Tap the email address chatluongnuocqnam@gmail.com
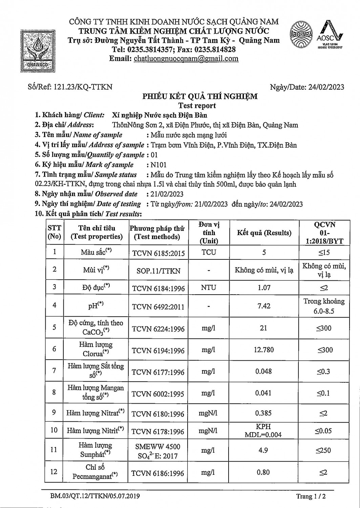point(186,59)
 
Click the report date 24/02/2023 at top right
point(326,87)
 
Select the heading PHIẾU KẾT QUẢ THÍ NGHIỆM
point(200,97)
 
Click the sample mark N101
point(159,165)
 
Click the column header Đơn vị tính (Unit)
point(209,233)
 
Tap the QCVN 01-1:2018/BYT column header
point(324,233)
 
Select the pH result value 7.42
point(264,306)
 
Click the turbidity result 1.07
point(264,288)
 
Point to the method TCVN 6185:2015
point(158,253)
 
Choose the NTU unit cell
point(209,288)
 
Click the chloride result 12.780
point(264,350)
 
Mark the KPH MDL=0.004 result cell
point(263,430)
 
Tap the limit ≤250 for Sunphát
point(324,450)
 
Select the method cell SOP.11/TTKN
point(158,271)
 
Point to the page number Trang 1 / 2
point(311,496)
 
